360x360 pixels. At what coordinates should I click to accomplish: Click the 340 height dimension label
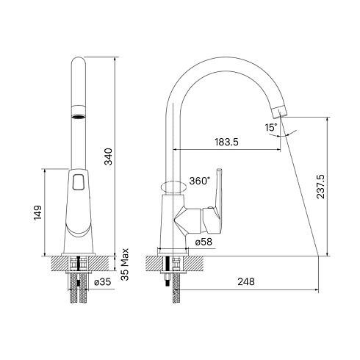click(x=108, y=156)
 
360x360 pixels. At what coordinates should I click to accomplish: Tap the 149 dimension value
click(x=38, y=213)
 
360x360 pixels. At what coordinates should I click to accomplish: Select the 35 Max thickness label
click(x=125, y=264)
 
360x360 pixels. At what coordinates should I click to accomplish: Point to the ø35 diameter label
click(x=103, y=282)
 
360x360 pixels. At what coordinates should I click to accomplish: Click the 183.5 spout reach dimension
click(x=226, y=142)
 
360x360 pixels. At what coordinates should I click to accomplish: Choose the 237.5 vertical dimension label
click(x=320, y=187)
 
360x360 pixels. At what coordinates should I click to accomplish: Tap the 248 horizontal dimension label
click(x=246, y=281)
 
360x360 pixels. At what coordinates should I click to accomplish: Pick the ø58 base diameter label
click(x=204, y=242)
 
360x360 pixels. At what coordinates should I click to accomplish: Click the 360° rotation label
click(x=200, y=181)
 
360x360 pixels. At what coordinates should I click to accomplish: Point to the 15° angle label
click(x=271, y=128)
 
